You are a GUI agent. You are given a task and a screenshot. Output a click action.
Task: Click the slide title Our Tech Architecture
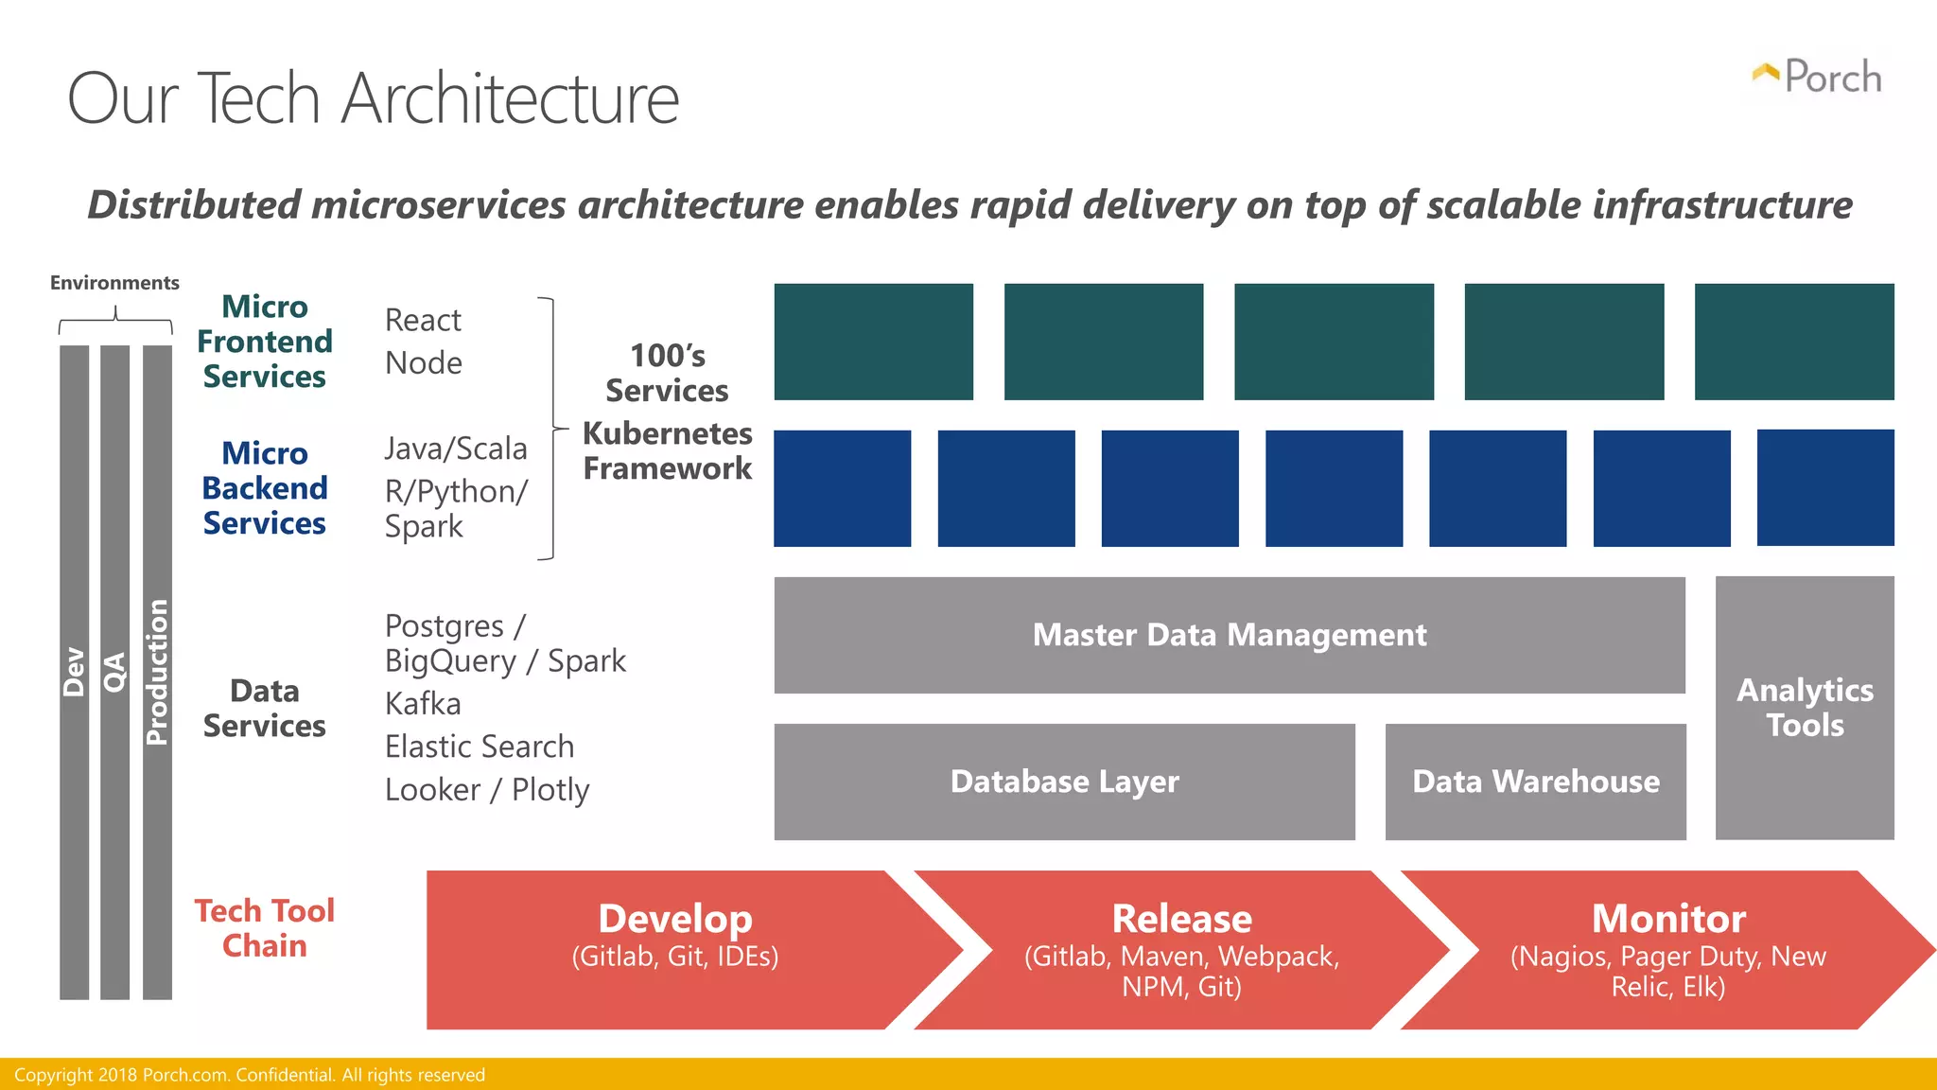click(374, 98)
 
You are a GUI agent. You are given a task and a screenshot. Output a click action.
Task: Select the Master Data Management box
click(1229, 635)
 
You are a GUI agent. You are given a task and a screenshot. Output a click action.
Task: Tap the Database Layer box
click(1064, 782)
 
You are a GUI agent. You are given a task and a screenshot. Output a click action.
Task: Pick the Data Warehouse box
click(1535, 782)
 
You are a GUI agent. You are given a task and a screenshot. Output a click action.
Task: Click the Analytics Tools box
click(1805, 708)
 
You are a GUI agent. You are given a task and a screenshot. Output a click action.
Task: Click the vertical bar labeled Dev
click(74, 672)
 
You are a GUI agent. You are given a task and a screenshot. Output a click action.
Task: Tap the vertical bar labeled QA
click(114, 672)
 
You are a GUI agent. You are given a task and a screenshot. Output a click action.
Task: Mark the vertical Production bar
click(157, 672)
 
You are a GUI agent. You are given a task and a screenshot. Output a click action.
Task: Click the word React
click(423, 321)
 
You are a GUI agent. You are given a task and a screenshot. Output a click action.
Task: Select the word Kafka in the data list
click(423, 704)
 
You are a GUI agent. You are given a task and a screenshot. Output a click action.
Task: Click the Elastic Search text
click(480, 747)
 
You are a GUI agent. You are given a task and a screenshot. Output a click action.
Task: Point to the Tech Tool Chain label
click(265, 928)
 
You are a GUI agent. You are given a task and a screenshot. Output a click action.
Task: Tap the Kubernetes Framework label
click(667, 451)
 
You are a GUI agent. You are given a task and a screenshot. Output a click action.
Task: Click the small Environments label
click(114, 283)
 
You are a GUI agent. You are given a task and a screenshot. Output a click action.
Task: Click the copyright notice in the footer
click(250, 1075)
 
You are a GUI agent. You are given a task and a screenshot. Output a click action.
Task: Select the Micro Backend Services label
click(265, 488)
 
